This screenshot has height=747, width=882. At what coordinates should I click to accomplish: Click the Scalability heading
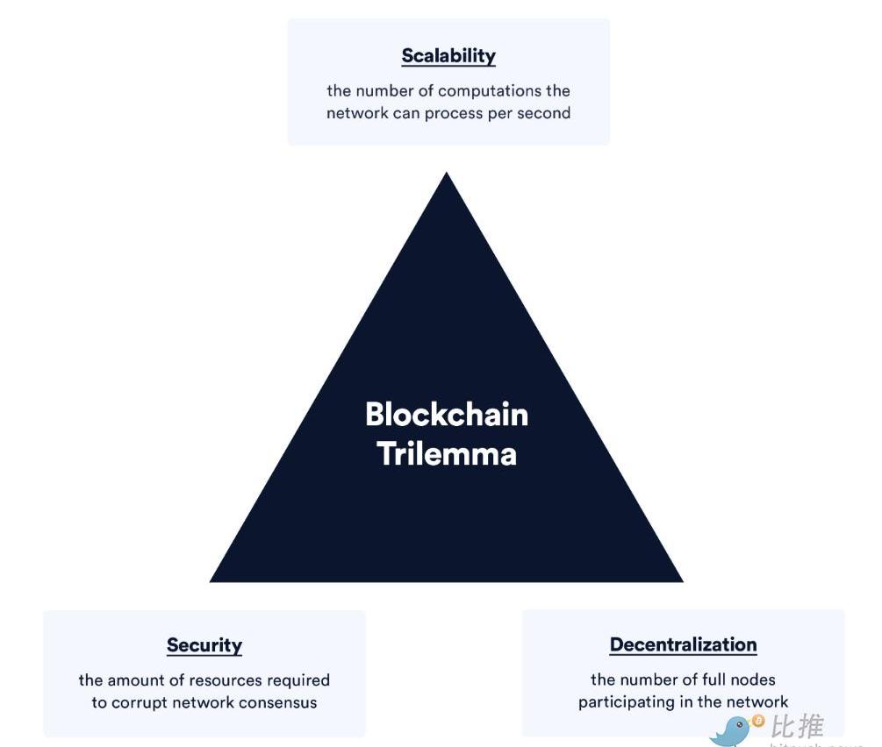(448, 56)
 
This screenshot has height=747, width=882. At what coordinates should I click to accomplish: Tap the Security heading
(204, 645)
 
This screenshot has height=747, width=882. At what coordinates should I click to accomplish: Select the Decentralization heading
(683, 644)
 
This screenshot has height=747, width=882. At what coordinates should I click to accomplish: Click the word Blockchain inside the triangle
(447, 414)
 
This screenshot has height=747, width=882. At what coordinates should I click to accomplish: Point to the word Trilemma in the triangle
(447, 454)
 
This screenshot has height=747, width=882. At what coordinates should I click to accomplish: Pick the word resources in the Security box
(224, 680)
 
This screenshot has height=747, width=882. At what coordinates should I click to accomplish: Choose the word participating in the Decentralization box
(625, 702)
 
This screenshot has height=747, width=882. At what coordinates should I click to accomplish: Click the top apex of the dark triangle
(447, 174)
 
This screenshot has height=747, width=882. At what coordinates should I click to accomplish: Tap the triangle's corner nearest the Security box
(213, 580)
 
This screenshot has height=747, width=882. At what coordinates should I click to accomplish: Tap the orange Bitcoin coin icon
(757, 722)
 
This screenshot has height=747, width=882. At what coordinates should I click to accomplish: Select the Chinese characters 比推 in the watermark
(798, 727)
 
